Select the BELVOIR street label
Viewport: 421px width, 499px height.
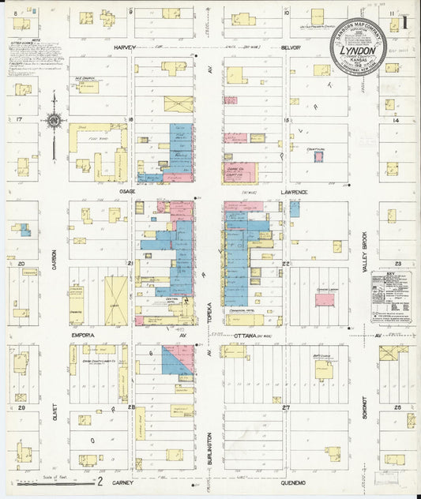[x=292, y=47]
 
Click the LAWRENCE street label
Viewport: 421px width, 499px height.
[x=293, y=192]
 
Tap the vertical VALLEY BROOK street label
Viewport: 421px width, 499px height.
[x=365, y=253]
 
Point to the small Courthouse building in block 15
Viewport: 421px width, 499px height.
[x=318, y=156]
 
